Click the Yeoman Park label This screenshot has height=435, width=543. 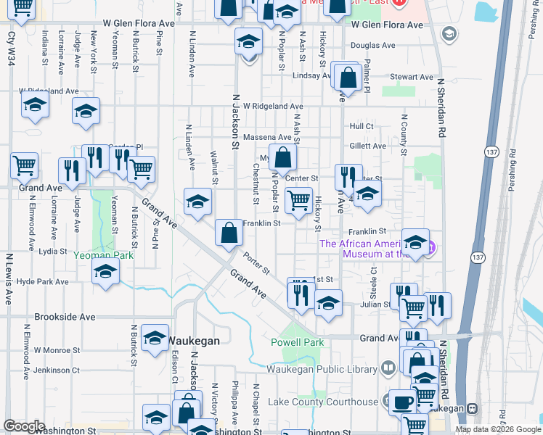point(104,255)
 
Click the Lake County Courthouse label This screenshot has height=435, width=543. point(323,402)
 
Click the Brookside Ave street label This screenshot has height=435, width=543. point(65,318)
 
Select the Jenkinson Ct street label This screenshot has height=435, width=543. point(57,370)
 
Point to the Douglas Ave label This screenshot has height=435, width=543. point(372,45)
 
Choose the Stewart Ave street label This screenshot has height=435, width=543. point(411,77)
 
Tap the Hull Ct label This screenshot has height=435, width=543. point(361,126)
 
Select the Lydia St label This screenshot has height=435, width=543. point(52,252)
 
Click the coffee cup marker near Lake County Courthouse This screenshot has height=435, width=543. point(401,402)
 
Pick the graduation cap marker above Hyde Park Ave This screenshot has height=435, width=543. point(106,273)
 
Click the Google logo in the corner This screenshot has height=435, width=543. point(25,426)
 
